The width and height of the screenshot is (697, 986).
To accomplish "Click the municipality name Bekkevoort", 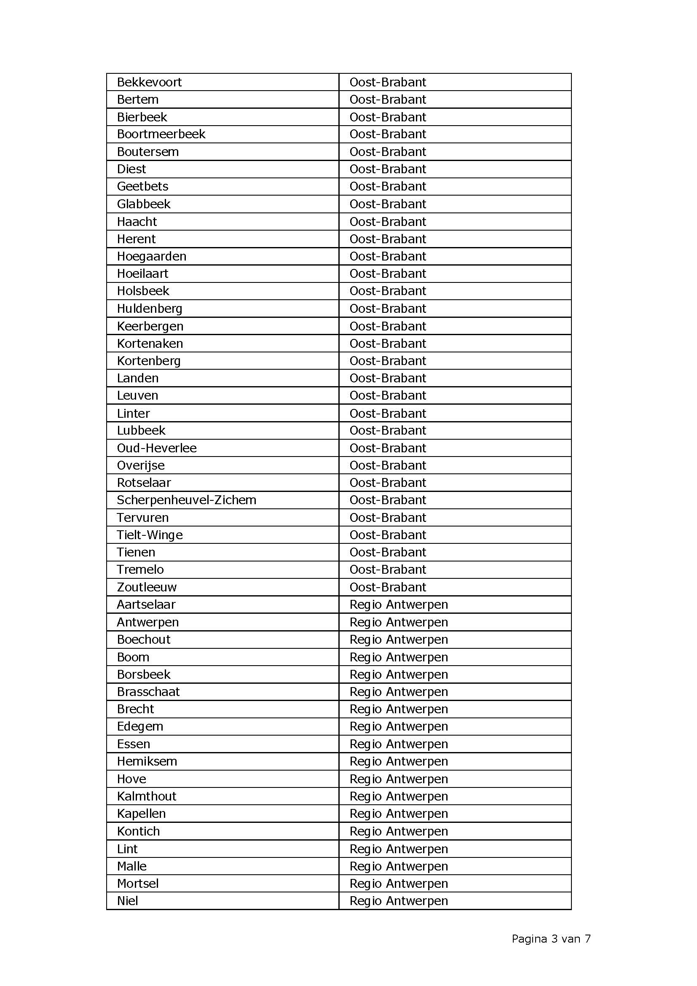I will click(149, 82).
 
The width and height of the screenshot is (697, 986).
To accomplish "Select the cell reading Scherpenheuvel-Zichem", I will click(186, 500).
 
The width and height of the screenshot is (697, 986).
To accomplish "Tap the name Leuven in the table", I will click(137, 395).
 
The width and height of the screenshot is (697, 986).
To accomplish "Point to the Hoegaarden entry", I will click(152, 256).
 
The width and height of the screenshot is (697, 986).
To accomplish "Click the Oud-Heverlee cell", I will click(157, 448).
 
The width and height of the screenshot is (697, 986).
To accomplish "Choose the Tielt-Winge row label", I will click(150, 535).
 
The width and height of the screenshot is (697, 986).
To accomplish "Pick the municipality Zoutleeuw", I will click(147, 587).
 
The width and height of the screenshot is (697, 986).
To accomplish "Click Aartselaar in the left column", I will click(146, 604).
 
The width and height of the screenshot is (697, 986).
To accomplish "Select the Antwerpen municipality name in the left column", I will click(147, 622).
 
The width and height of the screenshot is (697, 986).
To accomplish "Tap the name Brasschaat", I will click(148, 692).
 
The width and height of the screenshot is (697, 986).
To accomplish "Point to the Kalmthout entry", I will click(146, 796).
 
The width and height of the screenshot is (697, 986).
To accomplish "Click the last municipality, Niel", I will click(127, 900).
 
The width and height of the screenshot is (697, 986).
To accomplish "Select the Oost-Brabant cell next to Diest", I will click(388, 169).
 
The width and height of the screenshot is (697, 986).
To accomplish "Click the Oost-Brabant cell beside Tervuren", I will click(388, 518).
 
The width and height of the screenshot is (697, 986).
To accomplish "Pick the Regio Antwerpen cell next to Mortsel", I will click(398, 884).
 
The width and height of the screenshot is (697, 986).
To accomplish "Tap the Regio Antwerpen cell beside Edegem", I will click(398, 727).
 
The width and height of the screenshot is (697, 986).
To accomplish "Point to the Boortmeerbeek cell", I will click(161, 134).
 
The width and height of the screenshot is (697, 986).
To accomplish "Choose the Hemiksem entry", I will click(147, 761).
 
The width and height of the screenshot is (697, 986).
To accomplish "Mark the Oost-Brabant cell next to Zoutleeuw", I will click(388, 587).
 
